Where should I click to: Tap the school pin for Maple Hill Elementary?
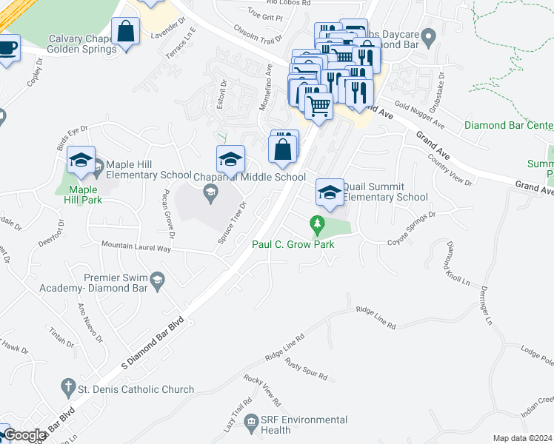81,161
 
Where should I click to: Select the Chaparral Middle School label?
249,177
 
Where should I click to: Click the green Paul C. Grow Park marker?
318,223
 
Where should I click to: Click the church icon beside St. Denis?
67,388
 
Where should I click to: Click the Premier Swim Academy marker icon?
157,279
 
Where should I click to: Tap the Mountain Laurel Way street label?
136,246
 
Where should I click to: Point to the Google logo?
25,435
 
